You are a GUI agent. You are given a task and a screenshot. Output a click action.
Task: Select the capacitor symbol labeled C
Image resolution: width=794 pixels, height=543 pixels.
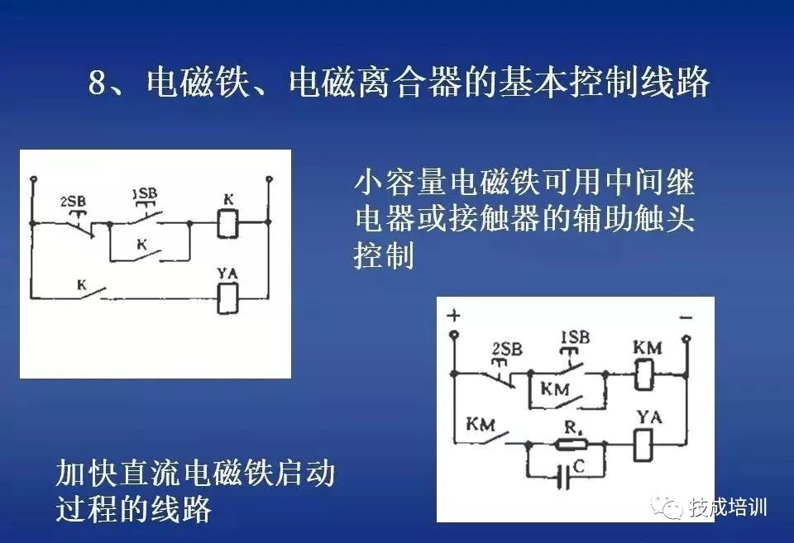point(565,479)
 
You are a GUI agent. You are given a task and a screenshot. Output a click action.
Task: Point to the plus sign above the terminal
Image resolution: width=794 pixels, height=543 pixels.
point(453,316)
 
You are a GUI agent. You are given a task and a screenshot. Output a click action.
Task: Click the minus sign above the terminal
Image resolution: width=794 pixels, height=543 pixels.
point(686,317)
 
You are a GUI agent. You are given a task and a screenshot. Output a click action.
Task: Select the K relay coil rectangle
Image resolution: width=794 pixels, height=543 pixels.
point(228,223)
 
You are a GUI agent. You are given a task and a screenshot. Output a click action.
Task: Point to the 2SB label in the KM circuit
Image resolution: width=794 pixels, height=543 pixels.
point(506,350)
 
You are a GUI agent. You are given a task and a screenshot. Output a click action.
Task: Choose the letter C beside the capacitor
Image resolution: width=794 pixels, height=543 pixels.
point(579,467)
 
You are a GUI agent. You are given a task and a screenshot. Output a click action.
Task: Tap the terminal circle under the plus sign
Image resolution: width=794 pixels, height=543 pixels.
point(453,336)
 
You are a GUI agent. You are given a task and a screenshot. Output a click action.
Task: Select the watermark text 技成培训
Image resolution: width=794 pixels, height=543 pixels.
point(729,507)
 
